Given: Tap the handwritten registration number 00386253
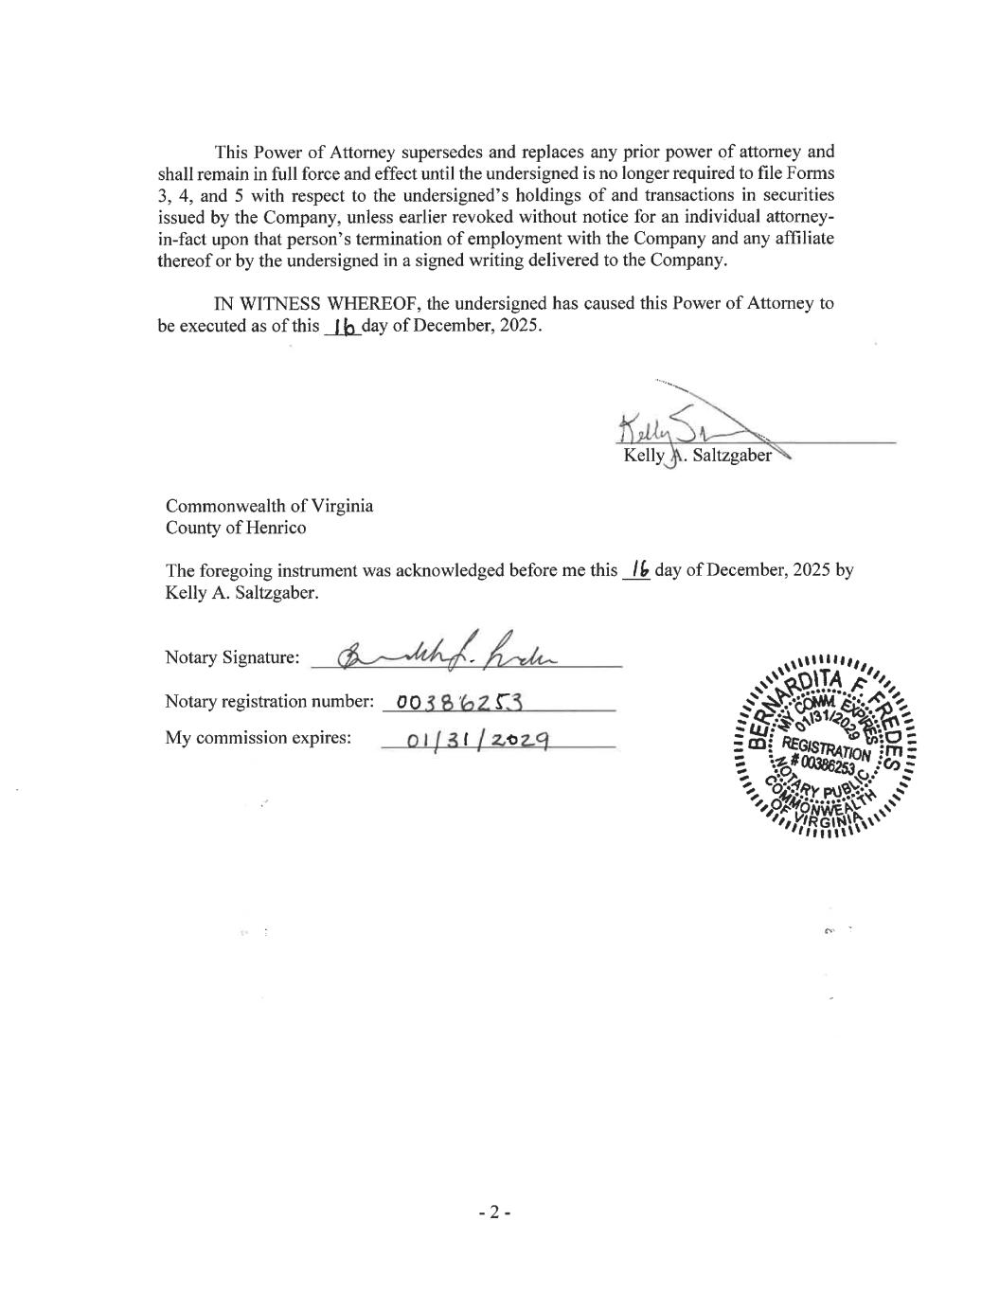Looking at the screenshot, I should pos(459,702).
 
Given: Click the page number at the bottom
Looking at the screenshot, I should pos(493,1212).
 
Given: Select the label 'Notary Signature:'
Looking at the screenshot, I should pos(232,657).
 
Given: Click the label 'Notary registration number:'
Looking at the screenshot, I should pos(269,702).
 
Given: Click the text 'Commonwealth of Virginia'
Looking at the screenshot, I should pos(269,506).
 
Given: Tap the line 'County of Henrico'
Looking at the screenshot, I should pos(235,529).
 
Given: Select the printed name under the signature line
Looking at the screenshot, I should pos(697,457).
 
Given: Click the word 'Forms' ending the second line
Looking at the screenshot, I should pos(812,174).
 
